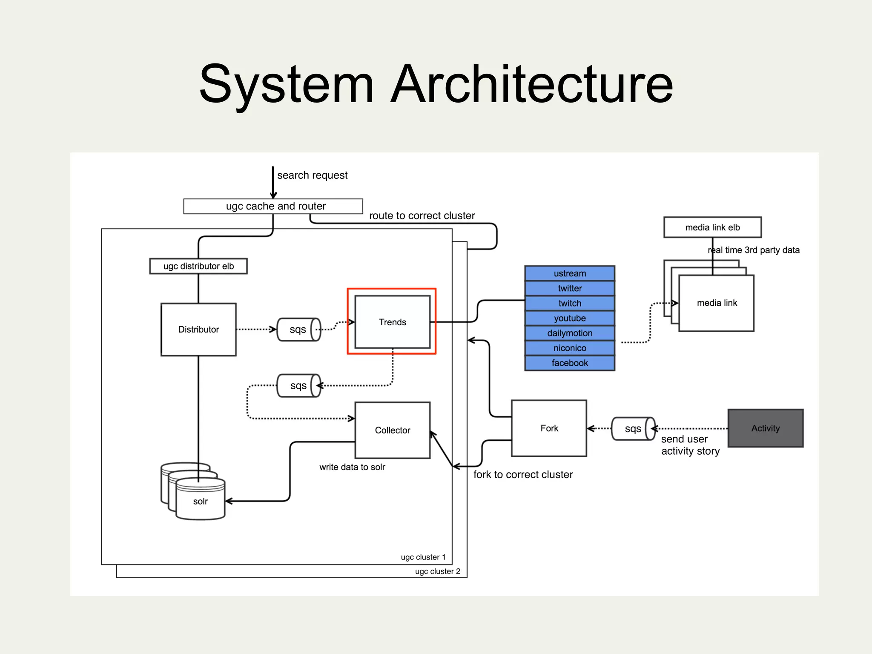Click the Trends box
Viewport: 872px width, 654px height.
coord(392,322)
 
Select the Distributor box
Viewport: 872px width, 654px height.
coord(198,329)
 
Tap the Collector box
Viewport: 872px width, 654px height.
coord(392,430)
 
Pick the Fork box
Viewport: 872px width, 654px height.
coord(549,428)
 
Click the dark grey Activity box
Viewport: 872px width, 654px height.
coord(765,428)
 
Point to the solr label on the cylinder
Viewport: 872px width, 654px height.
coord(200,501)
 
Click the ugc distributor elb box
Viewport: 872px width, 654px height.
coord(198,266)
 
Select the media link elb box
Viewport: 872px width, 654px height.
coord(712,227)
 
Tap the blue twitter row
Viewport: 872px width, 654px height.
coord(570,288)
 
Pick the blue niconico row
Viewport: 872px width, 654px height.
coord(570,348)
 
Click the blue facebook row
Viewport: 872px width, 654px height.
coord(570,363)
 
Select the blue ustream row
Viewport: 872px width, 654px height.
coord(570,273)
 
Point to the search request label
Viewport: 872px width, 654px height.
coord(312,175)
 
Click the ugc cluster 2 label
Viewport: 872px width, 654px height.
coord(437,571)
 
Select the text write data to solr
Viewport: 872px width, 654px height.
coord(352,467)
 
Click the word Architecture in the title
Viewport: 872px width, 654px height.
coord(531,84)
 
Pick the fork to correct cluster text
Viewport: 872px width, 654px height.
coord(523,474)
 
